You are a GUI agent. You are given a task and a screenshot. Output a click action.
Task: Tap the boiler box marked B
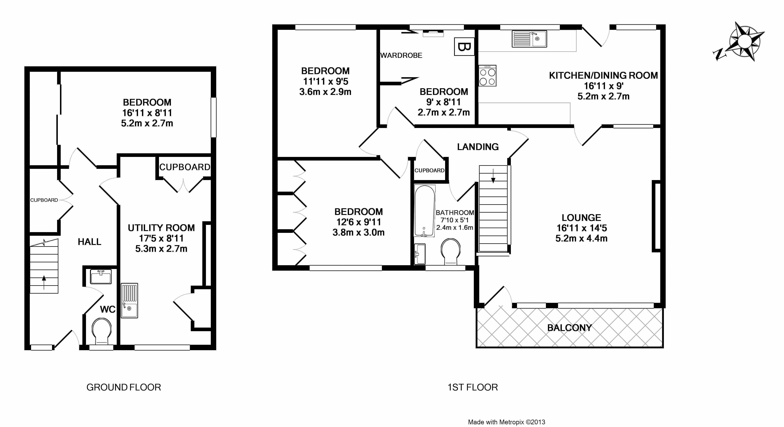(x=464, y=47)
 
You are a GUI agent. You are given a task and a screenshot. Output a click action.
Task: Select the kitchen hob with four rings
(x=487, y=76)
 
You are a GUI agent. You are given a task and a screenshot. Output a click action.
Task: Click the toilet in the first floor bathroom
(x=450, y=251)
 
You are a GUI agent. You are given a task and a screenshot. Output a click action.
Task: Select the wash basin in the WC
(x=101, y=277)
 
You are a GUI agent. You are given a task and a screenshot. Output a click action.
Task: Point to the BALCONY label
(x=569, y=328)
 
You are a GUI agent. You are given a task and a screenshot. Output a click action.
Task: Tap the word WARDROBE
(x=401, y=55)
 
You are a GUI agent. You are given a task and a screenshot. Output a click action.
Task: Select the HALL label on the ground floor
(x=89, y=242)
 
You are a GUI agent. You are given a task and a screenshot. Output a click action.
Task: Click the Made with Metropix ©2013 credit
(x=506, y=422)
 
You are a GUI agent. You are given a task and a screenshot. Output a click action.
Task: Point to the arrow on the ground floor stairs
(x=44, y=282)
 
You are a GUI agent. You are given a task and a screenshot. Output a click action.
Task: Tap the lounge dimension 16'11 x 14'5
(x=581, y=228)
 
